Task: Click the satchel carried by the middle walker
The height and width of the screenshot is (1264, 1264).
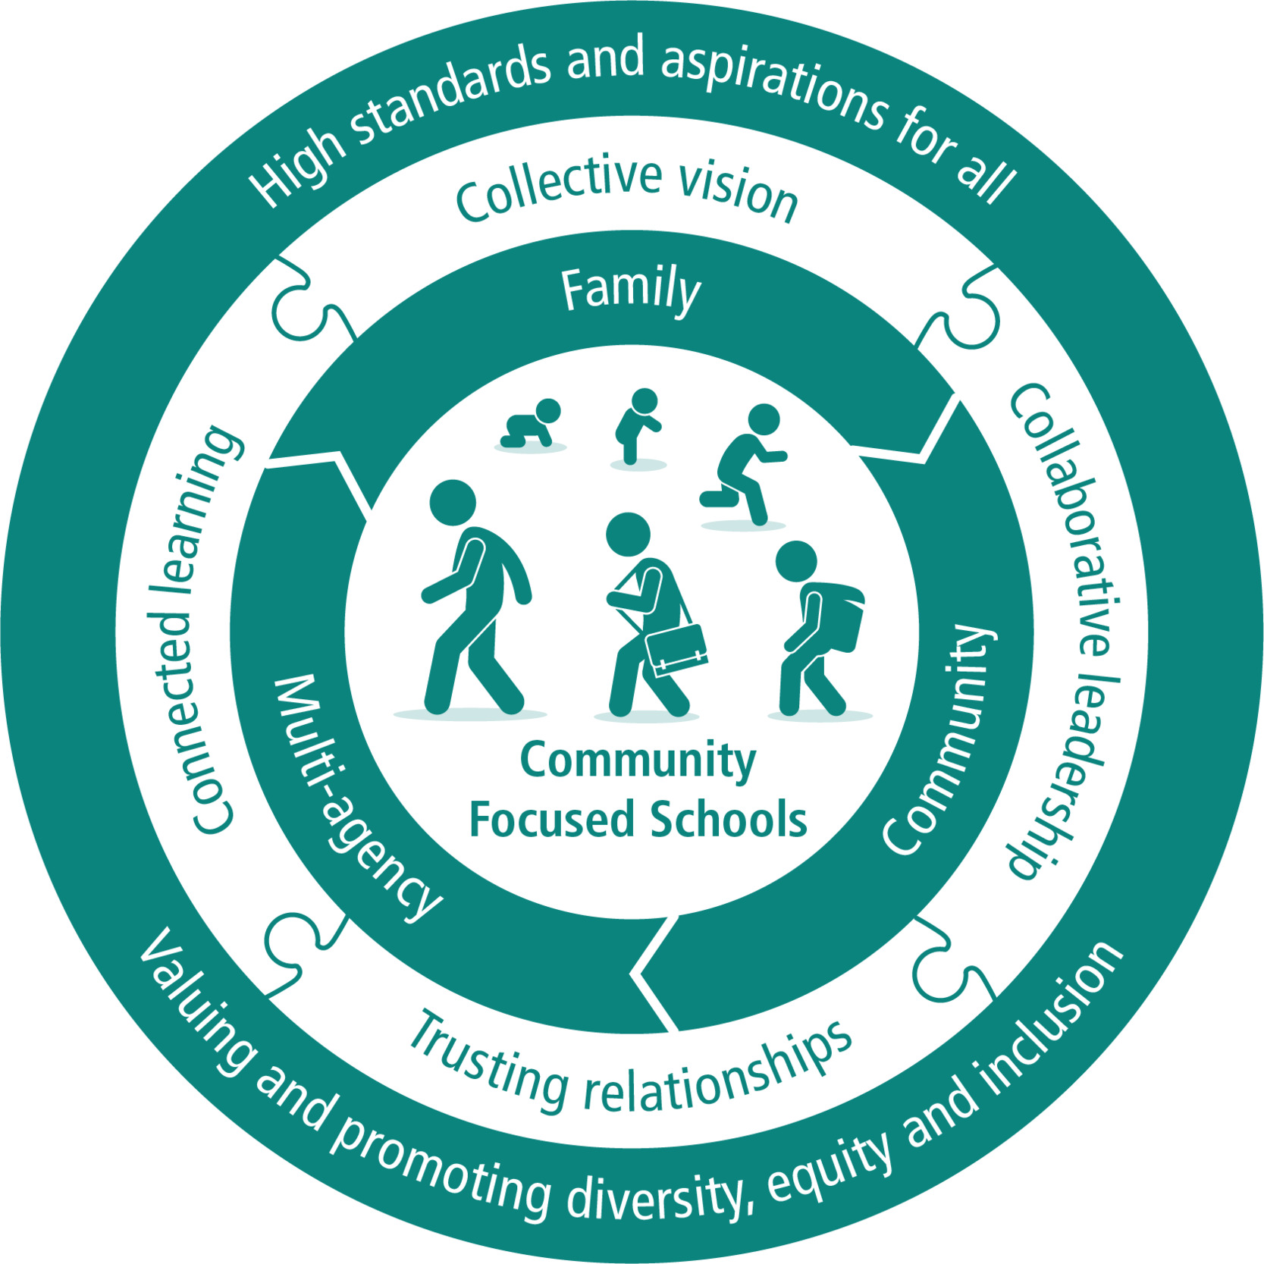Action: tap(676, 649)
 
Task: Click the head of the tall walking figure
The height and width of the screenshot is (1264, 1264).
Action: tap(453, 503)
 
